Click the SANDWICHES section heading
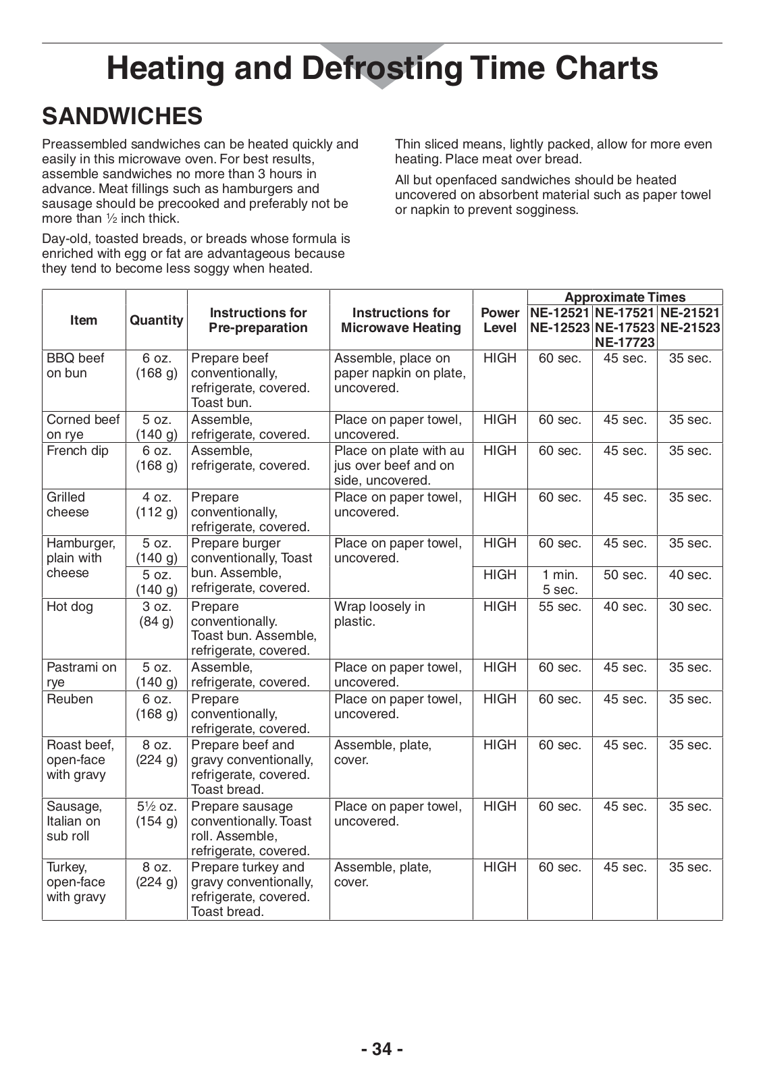pyautogui.click(x=122, y=116)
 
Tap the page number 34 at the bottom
pyautogui.click(x=382, y=1049)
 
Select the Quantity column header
pyautogui.click(x=156, y=320)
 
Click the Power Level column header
pyautogui.click(x=500, y=320)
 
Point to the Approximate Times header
pyautogui.click(x=625, y=297)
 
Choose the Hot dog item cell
pyautogui.click(x=70, y=607)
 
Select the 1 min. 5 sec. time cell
pyautogui.click(x=560, y=582)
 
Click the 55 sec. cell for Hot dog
pyautogui.click(x=560, y=607)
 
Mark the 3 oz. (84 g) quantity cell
pyautogui.click(x=156, y=614)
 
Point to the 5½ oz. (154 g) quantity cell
pyautogui.click(x=156, y=814)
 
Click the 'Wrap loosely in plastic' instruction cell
pyautogui.click(x=379, y=614)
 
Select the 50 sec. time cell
pyautogui.click(x=625, y=575)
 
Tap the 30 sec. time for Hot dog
pyautogui.click(x=690, y=607)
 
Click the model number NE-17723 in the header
pyautogui.click(x=625, y=342)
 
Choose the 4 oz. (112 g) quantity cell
pyautogui.click(x=156, y=505)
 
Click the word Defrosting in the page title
pyautogui.click(x=382, y=68)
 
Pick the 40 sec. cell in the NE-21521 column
pyautogui.click(x=690, y=575)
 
